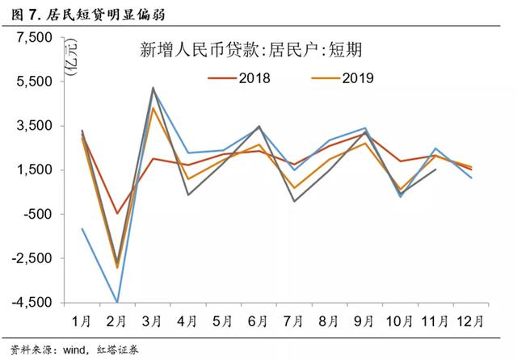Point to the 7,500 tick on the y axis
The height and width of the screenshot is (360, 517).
click(33, 38)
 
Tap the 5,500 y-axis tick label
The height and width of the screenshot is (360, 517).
click(33, 82)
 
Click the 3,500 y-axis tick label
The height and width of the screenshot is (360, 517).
click(33, 127)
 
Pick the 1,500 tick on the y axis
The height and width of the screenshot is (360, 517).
click(33, 170)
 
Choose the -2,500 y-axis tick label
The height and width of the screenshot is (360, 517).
click(32, 259)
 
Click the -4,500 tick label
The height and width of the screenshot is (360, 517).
click(32, 303)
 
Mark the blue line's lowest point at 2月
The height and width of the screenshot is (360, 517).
click(118, 302)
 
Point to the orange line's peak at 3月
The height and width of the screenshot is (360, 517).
click(153, 107)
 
